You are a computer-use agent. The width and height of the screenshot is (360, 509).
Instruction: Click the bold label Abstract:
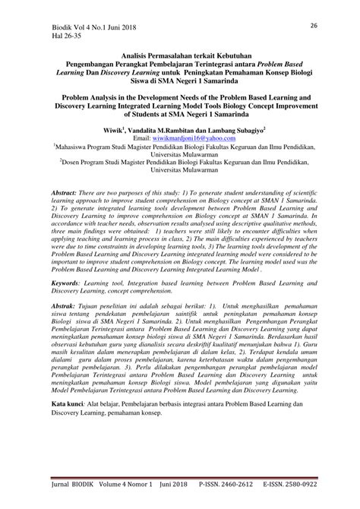[x=67, y=194]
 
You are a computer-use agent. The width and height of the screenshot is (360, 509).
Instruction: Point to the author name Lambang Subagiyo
[x=231, y=131]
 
